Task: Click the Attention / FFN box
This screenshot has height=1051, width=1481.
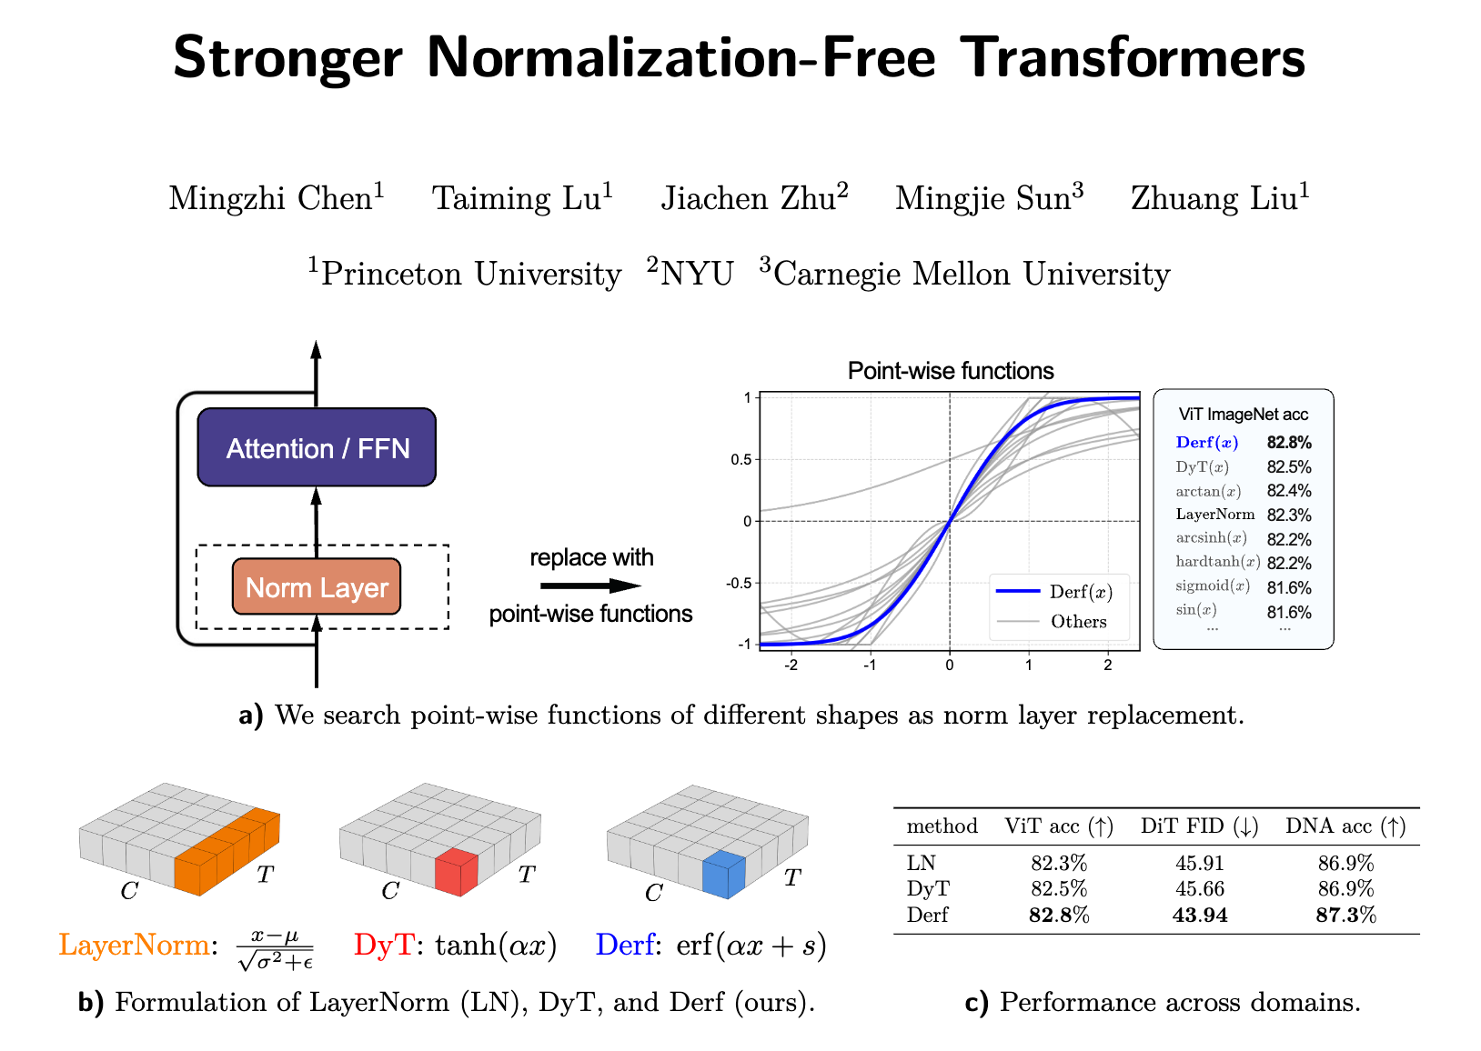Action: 317,447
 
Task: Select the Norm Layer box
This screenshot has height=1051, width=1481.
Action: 317,587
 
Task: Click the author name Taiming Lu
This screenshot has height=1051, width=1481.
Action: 521,198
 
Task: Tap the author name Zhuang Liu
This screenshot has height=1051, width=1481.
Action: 1219,198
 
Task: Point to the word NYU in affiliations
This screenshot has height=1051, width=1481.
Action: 696,274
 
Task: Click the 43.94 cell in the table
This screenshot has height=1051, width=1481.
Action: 1200,915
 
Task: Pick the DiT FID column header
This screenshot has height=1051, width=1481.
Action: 1199,826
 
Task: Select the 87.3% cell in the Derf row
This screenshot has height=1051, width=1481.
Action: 1345,915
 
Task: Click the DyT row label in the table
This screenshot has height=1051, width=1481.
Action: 928,888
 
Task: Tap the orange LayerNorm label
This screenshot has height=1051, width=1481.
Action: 134,946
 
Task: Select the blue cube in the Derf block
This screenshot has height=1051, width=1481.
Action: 724,875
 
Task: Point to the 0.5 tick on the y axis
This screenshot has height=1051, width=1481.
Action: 742,459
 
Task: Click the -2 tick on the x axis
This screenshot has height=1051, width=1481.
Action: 791,665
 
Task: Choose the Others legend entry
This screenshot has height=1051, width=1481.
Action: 1078,622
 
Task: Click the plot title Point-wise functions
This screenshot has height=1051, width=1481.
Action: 950,371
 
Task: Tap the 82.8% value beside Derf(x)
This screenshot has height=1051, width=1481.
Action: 1289,443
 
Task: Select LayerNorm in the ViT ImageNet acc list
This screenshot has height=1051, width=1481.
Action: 1214,515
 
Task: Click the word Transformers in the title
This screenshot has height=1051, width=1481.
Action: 1133,57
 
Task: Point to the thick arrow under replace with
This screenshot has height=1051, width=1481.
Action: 590,586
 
